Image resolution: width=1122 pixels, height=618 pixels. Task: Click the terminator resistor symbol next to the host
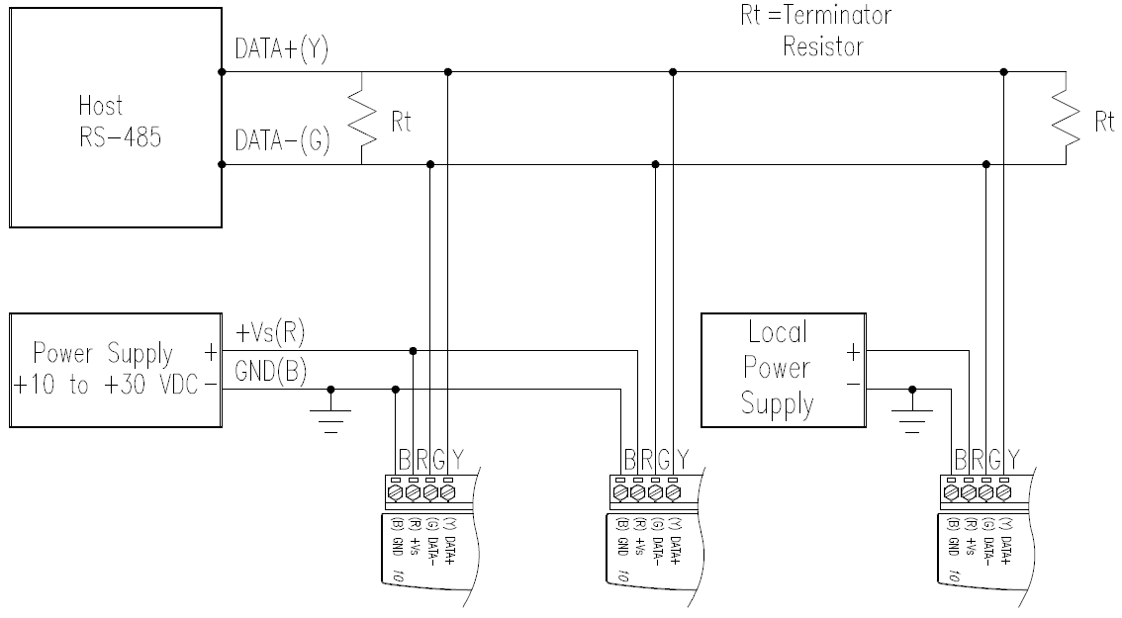(x=363, y=119)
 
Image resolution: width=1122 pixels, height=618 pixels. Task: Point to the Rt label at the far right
(x=1102, y=122)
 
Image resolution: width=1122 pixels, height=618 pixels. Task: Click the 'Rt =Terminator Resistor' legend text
(x=823, y=31)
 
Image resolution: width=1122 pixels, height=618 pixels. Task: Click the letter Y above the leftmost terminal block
(x=456, y=458)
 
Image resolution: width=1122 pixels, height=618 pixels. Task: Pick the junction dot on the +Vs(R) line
(x=413, y=349)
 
